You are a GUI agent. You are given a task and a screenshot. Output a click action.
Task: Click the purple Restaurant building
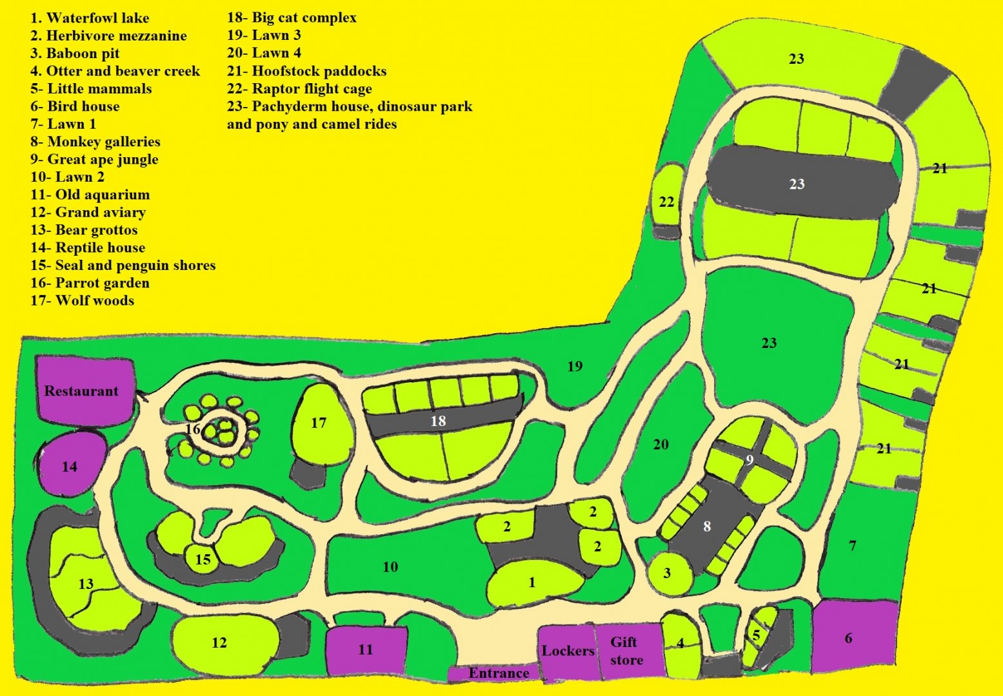click(82, 391)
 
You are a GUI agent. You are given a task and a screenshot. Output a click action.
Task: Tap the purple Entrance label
click(498, 673)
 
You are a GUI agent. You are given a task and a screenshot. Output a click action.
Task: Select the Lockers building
click(568, 651)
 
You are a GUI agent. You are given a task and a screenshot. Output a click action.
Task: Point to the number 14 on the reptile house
click(70, 467)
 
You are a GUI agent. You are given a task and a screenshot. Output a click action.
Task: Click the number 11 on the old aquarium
click(366, 650)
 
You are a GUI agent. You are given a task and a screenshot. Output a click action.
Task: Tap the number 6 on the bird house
click(848, 638)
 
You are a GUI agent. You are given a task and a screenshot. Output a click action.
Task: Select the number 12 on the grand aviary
click(219, 643)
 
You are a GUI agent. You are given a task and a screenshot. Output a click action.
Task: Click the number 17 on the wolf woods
click(319, 423)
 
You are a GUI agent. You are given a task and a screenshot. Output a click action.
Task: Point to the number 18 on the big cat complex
click(438, 421)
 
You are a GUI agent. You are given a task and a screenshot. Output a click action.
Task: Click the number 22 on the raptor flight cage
click(666, 202)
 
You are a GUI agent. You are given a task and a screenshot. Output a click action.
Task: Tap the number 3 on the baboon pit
click(667, 573)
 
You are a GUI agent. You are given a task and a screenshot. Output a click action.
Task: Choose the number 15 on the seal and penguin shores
click(203, 559)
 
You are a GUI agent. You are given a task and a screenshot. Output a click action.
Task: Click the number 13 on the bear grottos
click(86, 584)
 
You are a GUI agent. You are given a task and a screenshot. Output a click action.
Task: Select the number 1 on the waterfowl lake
click(532, 583)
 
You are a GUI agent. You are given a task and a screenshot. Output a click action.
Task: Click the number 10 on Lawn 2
click(390, 567)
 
